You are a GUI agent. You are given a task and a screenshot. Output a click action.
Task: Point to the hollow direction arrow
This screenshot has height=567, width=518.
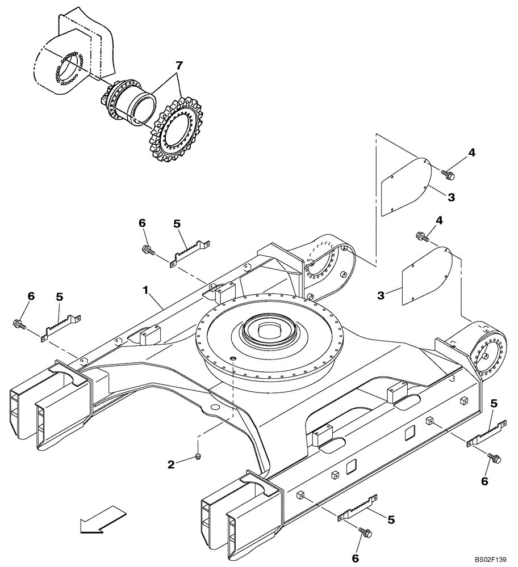103,519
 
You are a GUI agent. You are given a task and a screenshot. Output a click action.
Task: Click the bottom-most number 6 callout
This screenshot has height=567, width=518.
356,558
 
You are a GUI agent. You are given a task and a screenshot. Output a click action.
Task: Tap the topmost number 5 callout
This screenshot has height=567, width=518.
177,224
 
